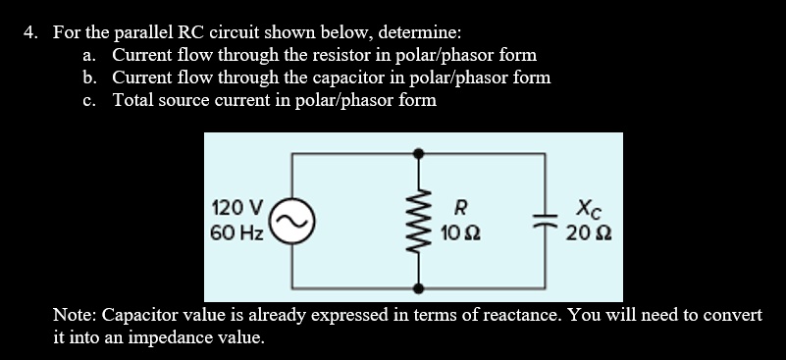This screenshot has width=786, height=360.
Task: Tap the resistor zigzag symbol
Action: [x=419, y=221]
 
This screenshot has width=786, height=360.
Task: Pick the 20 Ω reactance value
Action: [x=586, y=233]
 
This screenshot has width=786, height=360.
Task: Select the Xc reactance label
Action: [x=585, y=208]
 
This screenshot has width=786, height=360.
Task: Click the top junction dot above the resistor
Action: [x=419, y=153]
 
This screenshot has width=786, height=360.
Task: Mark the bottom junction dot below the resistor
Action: [x=419, y=288]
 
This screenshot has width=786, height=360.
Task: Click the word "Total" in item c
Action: [x=134, y=100]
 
